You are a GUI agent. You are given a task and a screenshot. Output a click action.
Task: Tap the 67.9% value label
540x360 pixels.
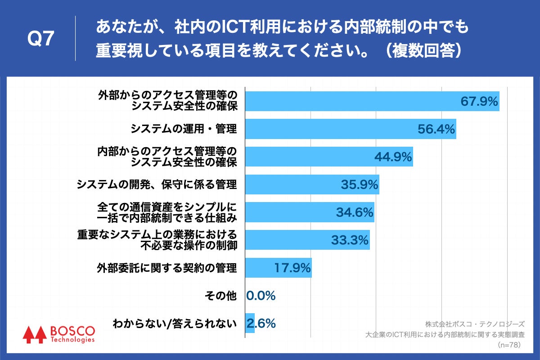[479, 101]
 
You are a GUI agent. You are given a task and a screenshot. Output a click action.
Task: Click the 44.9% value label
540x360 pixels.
[393, 157]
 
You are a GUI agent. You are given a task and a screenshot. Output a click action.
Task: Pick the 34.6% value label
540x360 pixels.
[355, 212]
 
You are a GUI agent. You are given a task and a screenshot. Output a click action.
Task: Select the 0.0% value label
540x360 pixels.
[261, 296]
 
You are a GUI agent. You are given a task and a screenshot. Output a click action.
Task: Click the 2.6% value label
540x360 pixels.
[261, 323]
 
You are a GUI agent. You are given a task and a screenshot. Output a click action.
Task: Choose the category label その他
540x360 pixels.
[220, 296]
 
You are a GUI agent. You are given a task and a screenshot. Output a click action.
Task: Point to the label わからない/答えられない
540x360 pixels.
[175, 323]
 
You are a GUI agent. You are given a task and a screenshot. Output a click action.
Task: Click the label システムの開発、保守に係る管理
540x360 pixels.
[157, 184]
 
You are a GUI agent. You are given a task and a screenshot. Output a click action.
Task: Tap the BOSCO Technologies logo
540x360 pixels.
[59, 333]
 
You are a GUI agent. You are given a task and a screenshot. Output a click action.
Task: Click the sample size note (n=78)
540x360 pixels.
[509, 345]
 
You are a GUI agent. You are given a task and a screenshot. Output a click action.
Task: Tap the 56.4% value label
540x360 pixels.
[436, 129]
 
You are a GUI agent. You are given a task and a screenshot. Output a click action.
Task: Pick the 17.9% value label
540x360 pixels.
[292, 268]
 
